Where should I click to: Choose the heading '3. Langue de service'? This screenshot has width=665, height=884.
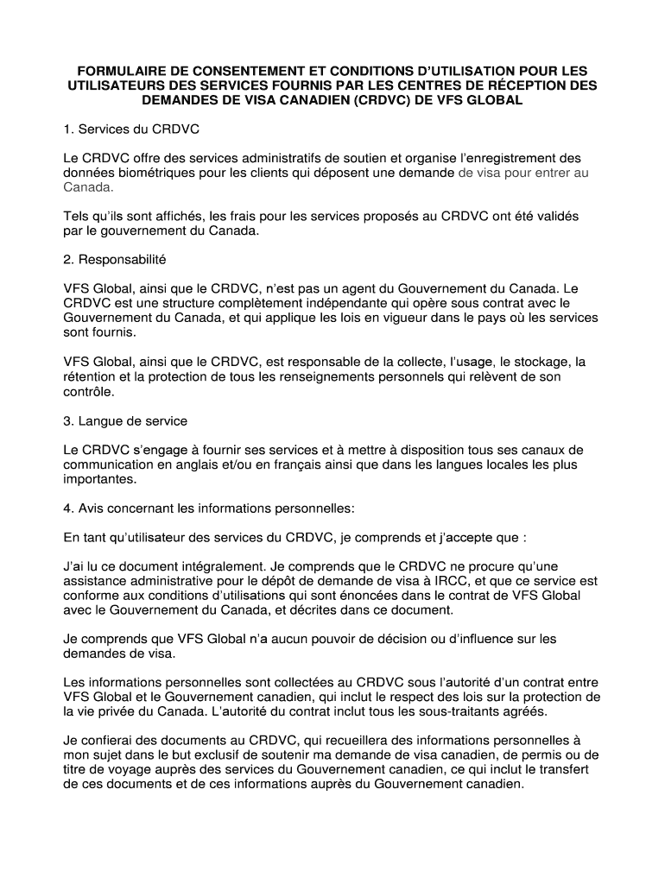[x=125, y=420]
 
